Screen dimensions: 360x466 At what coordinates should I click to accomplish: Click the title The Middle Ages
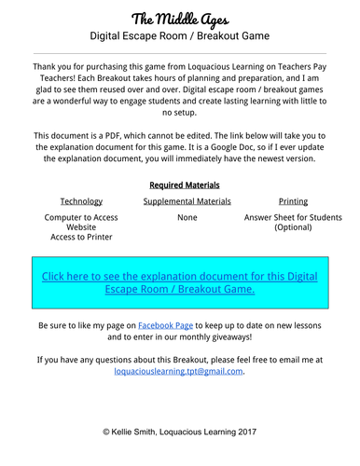pyautogui.click(x=179, y=18)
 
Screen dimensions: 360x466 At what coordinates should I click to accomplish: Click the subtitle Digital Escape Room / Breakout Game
pyautogui.click(x=179, y=36)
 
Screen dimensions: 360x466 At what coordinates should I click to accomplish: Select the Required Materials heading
pyautogui.click(x=179, y=185)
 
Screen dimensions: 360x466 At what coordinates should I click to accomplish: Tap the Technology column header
pyautogui.click(x=81, y=201)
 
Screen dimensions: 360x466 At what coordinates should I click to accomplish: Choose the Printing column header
pyautogui.click(x=292, y=201)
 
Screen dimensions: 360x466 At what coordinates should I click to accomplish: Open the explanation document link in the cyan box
pyautogui.click(x=179, y=282)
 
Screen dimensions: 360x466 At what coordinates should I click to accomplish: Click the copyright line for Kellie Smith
pyautogui.click(x=179, y=432)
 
